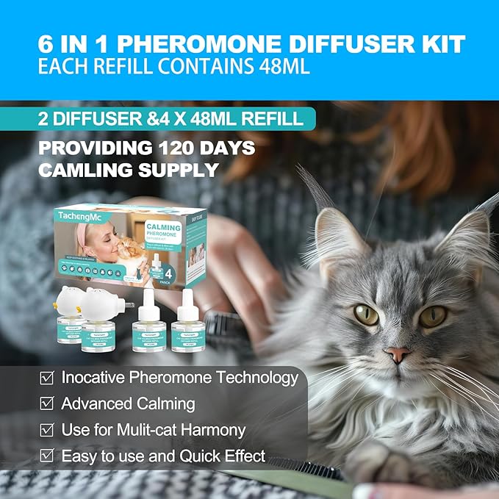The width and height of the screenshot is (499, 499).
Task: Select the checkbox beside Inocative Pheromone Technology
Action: (46, 378)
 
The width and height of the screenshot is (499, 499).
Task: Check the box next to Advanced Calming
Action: (46, 404)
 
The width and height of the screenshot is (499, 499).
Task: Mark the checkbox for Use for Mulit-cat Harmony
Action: (46, 430)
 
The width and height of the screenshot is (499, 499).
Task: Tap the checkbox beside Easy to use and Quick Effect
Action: (46, 456)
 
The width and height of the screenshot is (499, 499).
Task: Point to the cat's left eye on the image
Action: (367, 314)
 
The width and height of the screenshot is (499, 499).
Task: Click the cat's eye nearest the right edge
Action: (433, 316)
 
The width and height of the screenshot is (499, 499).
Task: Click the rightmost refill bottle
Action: (187, 320)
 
